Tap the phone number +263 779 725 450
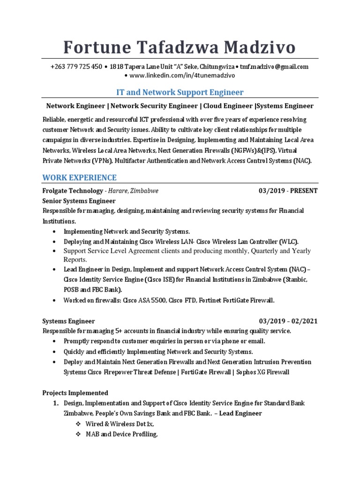[x=76, y=67]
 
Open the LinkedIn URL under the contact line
[x=181, y=75]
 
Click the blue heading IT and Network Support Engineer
[x=180, y=92]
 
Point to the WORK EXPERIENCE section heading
[x=79, y=178]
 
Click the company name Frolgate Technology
[x=73, y=191]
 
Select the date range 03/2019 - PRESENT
[x=288, y=191]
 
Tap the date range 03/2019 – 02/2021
[x=288, y=321]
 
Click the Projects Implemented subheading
[x=75, y=393]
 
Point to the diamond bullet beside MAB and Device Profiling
[x=78, y=435]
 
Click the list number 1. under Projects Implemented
[x=55, y=403]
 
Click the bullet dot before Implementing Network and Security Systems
[x=55, y=232]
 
